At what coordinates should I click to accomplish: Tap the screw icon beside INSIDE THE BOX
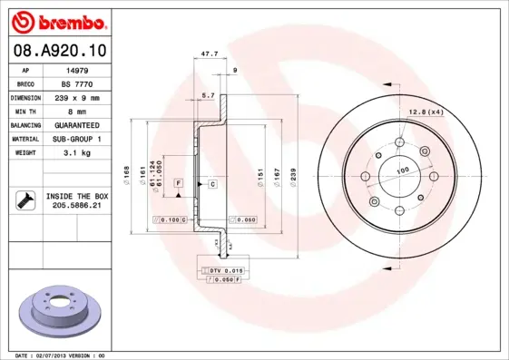[x=24, y=200]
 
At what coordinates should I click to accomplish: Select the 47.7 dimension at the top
[x=208, y=54]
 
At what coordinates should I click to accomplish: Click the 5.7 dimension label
[x=207, y=94]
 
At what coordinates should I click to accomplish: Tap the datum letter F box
[x=179, y=184]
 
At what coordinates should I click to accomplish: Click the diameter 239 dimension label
[x=293, y=172]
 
